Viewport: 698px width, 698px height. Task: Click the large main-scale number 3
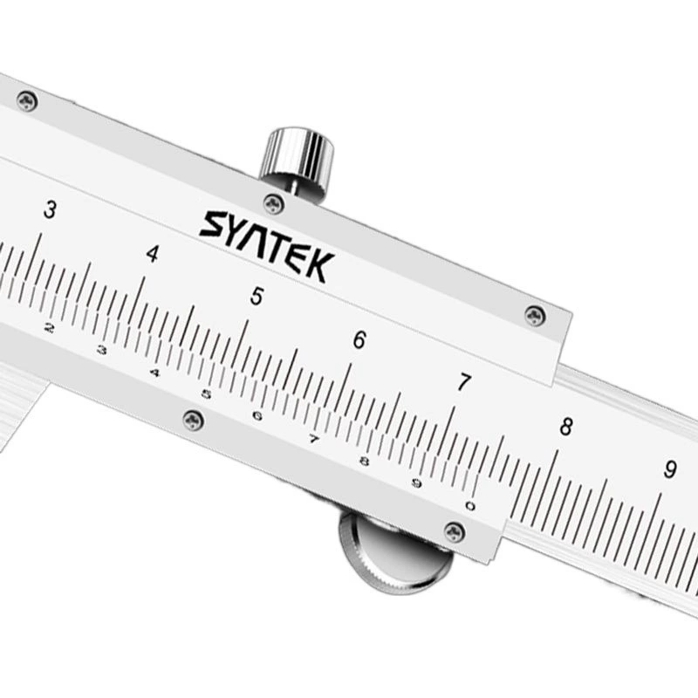pos(50,210)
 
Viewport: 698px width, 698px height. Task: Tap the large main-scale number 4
pos(153,253)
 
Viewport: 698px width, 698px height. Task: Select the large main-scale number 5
pos(257,296)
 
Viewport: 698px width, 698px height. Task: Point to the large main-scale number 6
pos(359,339)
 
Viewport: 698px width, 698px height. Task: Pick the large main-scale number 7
pos(464,382)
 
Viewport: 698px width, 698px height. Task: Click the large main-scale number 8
pos(566,426)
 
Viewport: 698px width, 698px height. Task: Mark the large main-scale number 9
pos(670,469)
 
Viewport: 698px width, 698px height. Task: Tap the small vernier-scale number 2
pos(50,328)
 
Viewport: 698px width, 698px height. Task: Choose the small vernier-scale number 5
pos(206,394)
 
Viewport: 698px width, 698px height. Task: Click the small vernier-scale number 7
pos(314,440)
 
